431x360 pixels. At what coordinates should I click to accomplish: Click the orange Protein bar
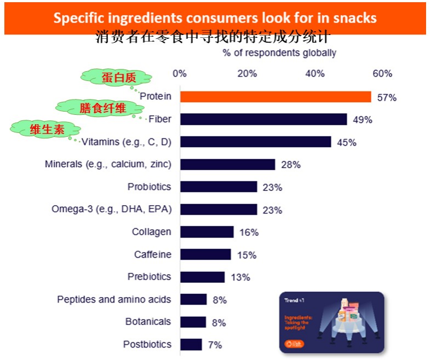(x=275, y=97)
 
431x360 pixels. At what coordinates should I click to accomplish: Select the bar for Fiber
(x=263, y=119)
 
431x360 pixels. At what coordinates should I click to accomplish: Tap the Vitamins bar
(x=255, y=142)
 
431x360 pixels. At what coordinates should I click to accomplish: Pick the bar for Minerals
(x=227, y=164)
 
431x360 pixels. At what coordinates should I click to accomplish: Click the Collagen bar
(x=206, y=232)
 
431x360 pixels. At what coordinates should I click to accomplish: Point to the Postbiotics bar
(x=191, y=345)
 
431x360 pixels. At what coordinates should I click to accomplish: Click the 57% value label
(x=387, y=97)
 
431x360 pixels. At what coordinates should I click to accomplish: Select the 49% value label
(x=362, y=120)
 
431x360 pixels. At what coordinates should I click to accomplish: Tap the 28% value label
(x=291, y=165)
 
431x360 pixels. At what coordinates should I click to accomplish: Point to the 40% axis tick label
(x=315, y=74)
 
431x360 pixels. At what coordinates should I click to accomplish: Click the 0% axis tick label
(x=180, y=74)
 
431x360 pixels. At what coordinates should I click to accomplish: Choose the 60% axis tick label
(x=382, y=74)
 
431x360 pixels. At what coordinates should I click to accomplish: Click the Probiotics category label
(x=149, y=187)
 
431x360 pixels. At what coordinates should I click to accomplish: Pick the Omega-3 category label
(x=111, y=209)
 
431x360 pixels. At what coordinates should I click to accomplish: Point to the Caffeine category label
(x=152, y=254)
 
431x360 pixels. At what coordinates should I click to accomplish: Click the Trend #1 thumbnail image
(x=331, y=322)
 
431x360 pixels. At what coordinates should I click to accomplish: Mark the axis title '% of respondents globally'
(x=279, y=53)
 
